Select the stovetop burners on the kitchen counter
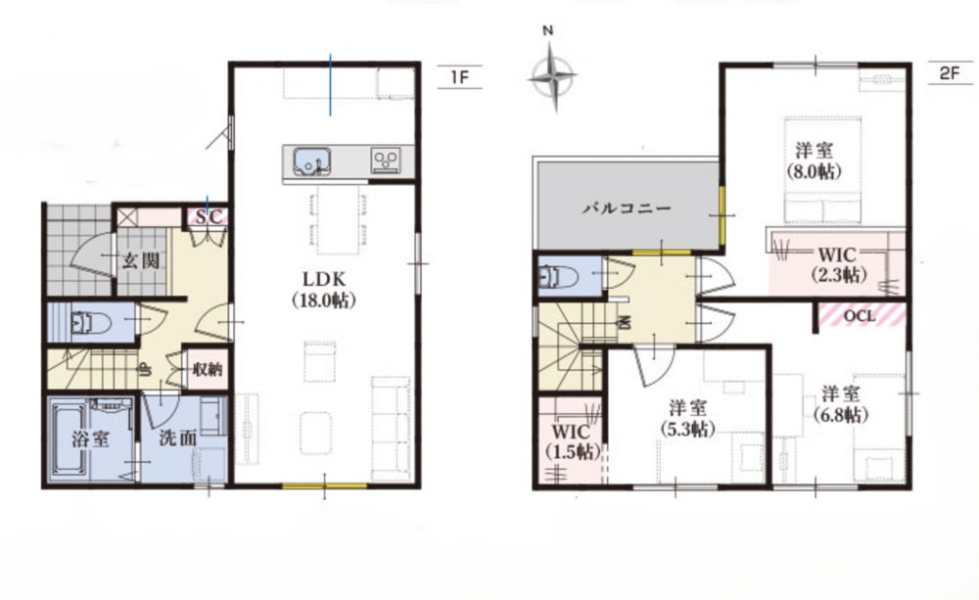(385, 160)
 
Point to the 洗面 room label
(178, 438)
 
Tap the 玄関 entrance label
(140, 260)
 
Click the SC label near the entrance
(209, 217)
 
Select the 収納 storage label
(207, 369)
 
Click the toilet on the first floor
(91, 323)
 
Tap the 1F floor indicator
(459, 77)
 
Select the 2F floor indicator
(949, 73)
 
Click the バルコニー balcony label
(628, 208)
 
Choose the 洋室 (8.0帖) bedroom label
(814, 161)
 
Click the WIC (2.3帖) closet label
(838, 264)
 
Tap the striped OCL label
(860, 315)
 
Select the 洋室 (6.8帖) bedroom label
(840, 404)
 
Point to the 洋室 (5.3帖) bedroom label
(688, 419)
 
